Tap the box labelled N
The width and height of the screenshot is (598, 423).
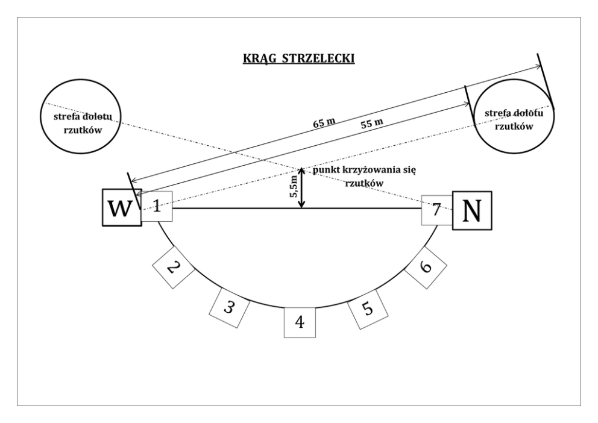click(x=472, y=210)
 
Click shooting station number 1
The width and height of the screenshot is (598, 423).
click(x=157, y=207)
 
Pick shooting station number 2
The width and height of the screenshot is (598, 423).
click(x=172, y=266)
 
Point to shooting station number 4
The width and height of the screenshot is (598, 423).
click(x=300, y=322)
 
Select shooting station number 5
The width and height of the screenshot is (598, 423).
click(x=368, y=309)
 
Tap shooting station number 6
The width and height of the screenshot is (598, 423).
click(x=426, y=266)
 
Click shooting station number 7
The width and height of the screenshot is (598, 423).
click(x=437, y=210)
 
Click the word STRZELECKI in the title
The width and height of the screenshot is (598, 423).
click(x=319, y=58)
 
